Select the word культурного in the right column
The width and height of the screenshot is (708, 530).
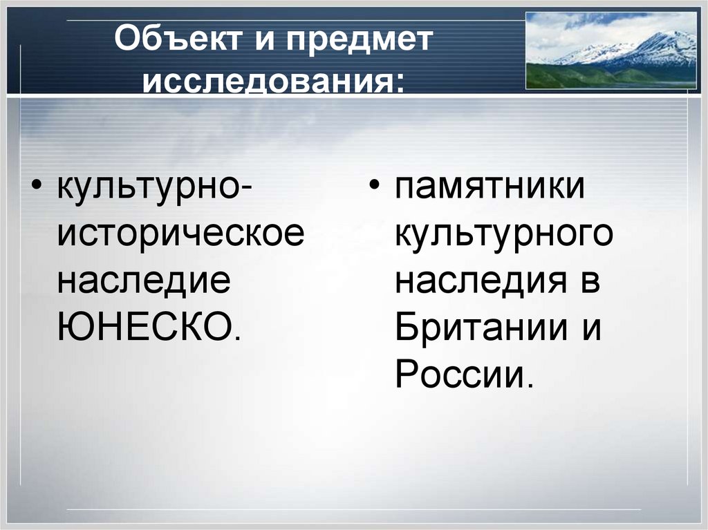(504, 235)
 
